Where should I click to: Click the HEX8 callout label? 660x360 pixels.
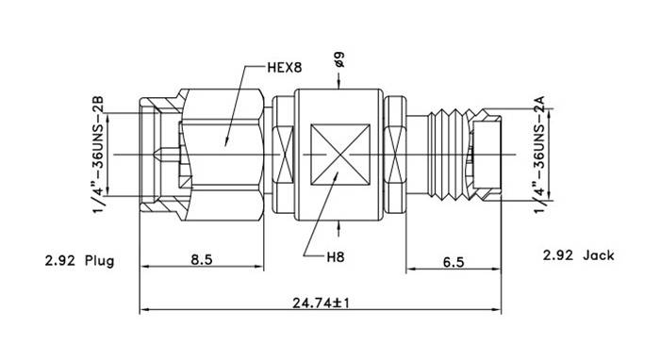click(285, 67)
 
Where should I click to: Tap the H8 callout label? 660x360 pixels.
click(336, 256)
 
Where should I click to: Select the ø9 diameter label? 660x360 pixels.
click(338, 59)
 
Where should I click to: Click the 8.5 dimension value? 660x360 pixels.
click(202, 259)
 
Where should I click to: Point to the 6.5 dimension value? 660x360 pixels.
click(454, 262)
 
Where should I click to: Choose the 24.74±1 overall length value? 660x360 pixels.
click(322, 303)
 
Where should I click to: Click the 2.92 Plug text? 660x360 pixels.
click(79, 261)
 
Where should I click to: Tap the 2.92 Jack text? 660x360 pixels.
click(578, 255)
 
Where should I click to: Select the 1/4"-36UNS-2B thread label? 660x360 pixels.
click(98, 155)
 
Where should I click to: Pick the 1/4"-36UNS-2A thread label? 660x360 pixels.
click(539, 155)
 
